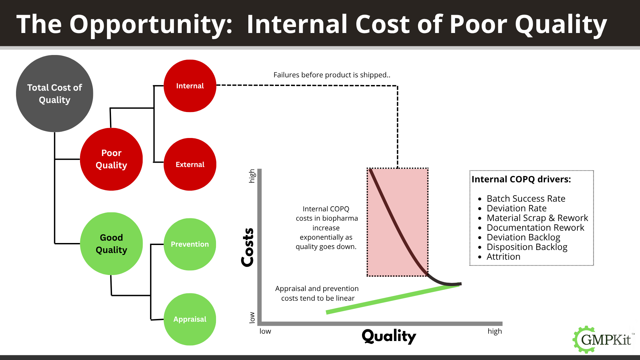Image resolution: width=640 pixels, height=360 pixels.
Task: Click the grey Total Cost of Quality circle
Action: pos(55,93)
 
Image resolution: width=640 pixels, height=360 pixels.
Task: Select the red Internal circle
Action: pos(190,86)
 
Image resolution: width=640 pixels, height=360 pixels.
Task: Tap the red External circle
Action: pos(190,164)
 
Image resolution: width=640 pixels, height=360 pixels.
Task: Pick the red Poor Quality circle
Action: pos(111,159)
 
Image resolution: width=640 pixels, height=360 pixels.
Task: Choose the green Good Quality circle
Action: pos(111,244)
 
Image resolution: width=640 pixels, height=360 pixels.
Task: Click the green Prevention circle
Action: pos(190,244)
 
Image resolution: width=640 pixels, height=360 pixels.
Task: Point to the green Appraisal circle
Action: pos(190,319)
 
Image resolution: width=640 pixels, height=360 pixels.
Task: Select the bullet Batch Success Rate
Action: pos(526,199)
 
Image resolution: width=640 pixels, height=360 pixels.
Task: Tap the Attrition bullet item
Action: pos(503,257)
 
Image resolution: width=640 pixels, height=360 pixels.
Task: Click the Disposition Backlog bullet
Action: pos(527,247)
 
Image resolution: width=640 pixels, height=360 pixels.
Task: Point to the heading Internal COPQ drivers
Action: pos(521,179)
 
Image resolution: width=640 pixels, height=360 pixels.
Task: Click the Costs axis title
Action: pos(248,247)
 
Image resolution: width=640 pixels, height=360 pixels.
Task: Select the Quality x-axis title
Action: pos(389,336)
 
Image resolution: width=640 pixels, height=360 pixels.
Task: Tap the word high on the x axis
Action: pos(495,331)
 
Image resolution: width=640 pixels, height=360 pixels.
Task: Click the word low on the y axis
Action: pos(252,317)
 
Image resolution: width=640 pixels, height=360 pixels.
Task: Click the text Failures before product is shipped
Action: pos(332,75)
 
